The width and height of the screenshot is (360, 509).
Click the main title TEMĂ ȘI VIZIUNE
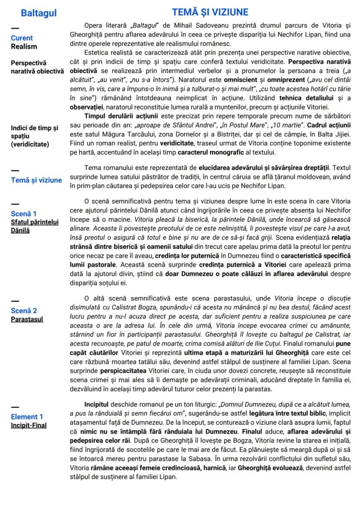click(x=210, y=12)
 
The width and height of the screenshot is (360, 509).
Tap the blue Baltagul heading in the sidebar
click(x=39, y=13)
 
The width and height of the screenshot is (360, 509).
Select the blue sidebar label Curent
click(x=22, y=38)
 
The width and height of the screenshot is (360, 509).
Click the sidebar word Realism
click(x=24, y=47)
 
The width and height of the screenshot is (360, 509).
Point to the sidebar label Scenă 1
click(x=23, y=213)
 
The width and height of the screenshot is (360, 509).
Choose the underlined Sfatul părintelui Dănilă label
click(x=34, y=226)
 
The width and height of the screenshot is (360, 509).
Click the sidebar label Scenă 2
click(x=24, y=311)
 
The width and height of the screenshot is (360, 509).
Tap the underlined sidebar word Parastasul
click(x=27, y=319)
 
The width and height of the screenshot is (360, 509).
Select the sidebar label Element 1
click(x=27, y=417)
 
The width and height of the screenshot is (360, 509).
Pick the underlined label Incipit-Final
click(x=29, y=425)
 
